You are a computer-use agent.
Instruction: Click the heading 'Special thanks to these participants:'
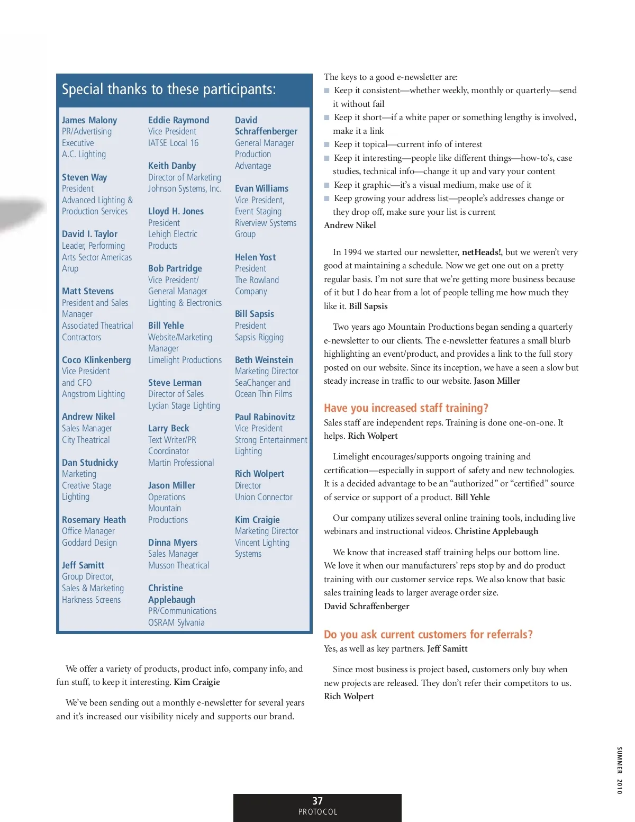point(169,89)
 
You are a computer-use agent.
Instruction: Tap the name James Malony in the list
point(89,120)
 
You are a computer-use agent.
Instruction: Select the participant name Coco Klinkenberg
point(96,360)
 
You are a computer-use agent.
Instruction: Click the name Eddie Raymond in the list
point(178,120)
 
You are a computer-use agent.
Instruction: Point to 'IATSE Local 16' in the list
point(173,143)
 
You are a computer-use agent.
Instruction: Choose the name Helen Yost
point(255,257)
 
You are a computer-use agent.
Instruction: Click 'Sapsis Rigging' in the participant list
point(259,337)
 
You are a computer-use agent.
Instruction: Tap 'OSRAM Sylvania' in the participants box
point(176,622)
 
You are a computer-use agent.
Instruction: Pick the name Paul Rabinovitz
point(265,417)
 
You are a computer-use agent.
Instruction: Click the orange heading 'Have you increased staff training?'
point(406,408)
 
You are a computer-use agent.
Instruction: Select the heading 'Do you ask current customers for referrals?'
point(428,635)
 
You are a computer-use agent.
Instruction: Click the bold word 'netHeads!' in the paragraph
point(482,252)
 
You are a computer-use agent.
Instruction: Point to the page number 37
point(317,801)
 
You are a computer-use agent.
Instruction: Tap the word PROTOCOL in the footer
point(317,812)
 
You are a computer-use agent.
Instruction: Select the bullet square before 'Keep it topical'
point(327,144)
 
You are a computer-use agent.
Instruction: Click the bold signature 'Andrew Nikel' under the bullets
point(350,225)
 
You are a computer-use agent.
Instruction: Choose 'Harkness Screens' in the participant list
point(91,600)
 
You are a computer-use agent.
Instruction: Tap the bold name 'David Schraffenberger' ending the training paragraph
point(367,607)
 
